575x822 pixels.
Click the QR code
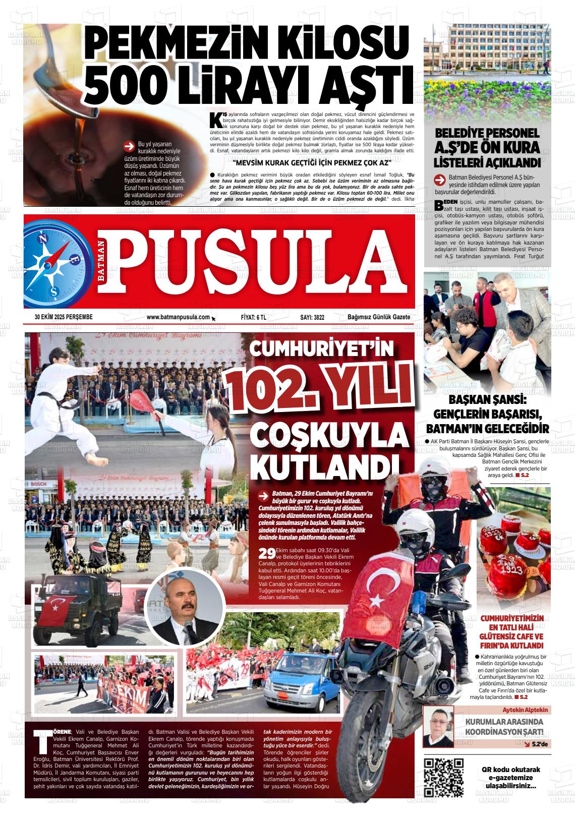(444, 777)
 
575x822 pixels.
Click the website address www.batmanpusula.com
(178, 317)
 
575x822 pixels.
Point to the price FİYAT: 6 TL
(254, 317)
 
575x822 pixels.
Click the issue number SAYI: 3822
(312, 317)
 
